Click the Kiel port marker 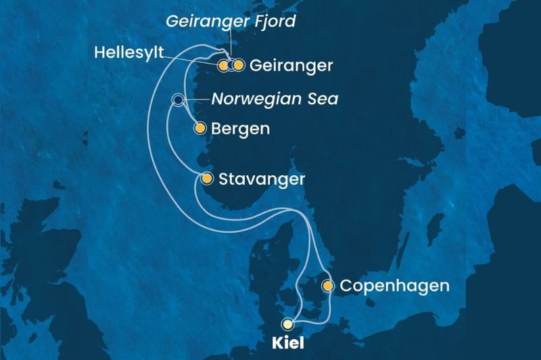[x=289, y=323]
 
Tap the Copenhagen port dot [x=328, y=286]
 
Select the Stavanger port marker [x=207, y=179]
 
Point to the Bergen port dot [x=199, y=128]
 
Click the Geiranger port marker [x=238, y=66]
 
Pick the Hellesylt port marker [x=222, y=66]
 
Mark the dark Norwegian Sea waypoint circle [x=178, y=101]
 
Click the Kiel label [x=288, y=344]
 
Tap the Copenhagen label [x=394, y=286]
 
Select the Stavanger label [x=262, y=179]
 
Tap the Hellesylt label [x=128, y=52]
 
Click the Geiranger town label [x=291, y=66]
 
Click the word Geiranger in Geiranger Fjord [x=202, y=22]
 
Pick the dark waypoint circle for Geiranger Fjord [x=231, y=66]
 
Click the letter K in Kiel [x=275, y=344]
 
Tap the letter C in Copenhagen [x=346, y=286]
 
